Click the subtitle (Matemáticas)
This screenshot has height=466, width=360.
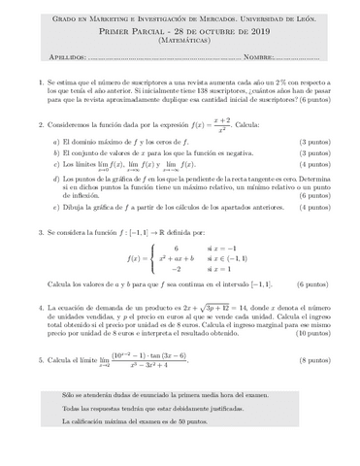coord(180,43)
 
